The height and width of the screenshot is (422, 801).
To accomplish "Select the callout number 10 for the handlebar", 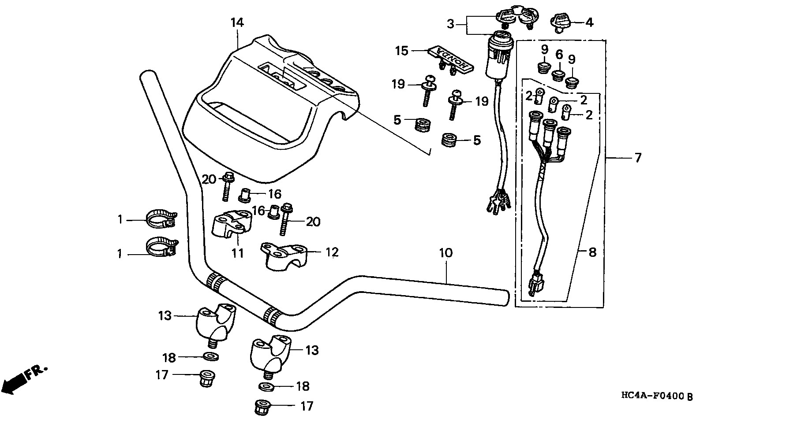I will tap(445, 253).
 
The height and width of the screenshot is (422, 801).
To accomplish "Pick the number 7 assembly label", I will tap(638, 158).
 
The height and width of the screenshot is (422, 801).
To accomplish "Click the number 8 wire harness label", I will tap(592, 252).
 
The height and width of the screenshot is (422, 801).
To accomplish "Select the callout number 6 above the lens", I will tap(559, 55).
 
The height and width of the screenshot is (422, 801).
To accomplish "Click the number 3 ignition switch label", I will tap(450, 24).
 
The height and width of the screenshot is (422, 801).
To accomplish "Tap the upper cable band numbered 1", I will tap(161, 219).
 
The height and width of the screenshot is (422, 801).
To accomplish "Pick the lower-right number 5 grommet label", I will tap(477, 141).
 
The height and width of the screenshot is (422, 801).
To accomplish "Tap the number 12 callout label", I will tap(332, 252).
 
